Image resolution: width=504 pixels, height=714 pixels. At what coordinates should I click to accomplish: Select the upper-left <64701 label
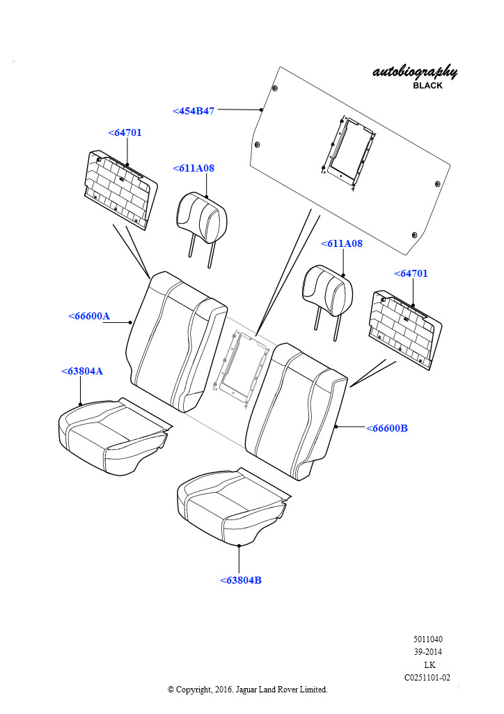125,132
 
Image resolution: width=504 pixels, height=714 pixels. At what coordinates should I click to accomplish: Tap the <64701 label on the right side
411,273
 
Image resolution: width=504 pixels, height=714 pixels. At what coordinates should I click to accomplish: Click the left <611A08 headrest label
194,168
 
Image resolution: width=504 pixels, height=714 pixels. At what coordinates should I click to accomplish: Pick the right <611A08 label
341,244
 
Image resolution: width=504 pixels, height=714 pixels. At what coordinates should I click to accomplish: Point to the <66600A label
89,316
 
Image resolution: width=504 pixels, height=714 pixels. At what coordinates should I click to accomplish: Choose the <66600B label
386,428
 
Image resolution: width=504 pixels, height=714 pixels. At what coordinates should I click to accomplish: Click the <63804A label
82,371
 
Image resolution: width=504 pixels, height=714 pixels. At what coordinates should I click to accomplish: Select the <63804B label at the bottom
240,580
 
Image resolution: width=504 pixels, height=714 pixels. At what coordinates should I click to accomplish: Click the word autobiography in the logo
415,72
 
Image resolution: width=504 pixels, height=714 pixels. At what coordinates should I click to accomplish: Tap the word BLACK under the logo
427,86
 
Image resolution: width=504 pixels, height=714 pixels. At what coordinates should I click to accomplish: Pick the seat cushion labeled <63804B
230,506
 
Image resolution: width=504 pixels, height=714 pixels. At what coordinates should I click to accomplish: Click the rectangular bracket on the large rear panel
350,151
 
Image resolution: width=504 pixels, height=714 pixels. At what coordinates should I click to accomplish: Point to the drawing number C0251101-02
427,677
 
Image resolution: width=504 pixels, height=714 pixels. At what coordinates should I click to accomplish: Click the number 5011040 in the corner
427,639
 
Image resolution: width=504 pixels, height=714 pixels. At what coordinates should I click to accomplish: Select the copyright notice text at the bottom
247,690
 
